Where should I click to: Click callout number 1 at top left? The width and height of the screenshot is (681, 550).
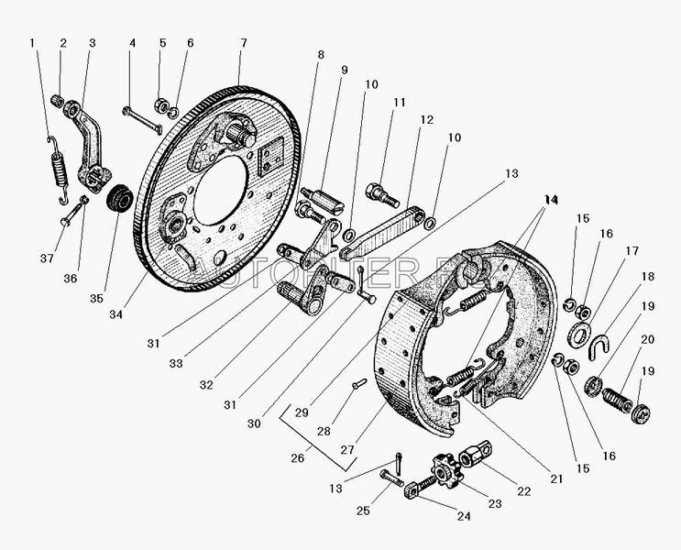[32, 44]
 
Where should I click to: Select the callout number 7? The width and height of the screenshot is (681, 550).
[243, 44]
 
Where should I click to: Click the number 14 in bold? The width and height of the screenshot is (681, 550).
[550, 199]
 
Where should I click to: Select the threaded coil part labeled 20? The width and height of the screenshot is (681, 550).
[616, 401]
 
